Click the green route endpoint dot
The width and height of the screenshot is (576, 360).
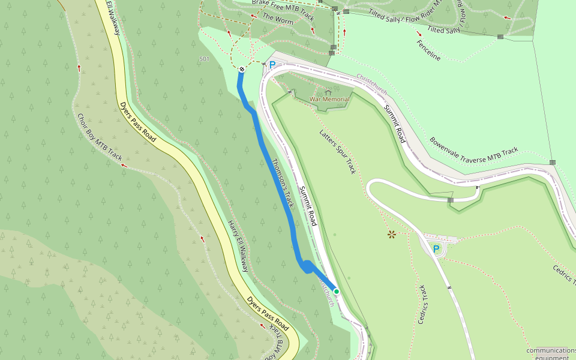click(337, 292)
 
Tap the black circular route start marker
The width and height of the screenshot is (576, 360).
click(242, 70)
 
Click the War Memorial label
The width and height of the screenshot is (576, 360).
click(329, 100)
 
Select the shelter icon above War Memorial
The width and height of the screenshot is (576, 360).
click(328, 91)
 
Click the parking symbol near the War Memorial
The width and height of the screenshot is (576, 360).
click(272, 65)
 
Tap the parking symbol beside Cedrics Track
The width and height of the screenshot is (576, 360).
click(436, 248)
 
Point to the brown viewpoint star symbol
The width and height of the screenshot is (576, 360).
click(392, 234)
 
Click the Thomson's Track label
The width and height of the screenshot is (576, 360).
click(283, 183)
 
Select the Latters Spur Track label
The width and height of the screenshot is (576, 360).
click(337, 152)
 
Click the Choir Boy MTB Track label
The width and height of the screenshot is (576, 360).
click(100, 137)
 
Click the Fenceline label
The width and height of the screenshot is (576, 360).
click(428, 50)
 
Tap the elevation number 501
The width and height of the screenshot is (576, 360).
click(204, 59)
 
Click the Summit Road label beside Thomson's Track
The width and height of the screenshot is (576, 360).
click(308, 206)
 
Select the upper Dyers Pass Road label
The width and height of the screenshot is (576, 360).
click(137, 122)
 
